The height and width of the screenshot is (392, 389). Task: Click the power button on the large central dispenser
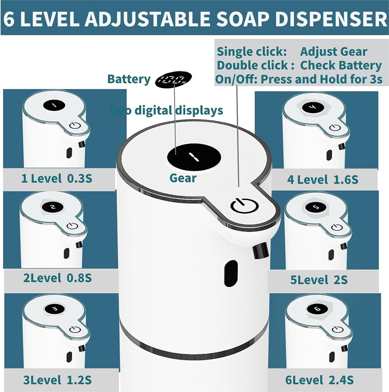244,206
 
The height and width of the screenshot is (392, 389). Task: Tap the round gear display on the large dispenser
194,157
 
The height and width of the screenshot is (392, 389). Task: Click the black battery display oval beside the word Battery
174,80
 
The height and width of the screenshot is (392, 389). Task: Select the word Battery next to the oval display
129,79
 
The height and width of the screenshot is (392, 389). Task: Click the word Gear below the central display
183,178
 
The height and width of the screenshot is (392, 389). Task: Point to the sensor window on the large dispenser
231,273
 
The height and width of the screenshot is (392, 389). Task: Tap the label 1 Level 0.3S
57,178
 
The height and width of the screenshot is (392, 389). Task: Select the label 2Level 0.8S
57,278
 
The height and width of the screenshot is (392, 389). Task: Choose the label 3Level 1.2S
57,380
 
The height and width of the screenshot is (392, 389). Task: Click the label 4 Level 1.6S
323,180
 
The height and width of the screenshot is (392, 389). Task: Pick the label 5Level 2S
319,279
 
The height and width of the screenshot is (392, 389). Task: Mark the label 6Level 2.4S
320,380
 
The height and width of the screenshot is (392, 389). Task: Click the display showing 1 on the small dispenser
54,105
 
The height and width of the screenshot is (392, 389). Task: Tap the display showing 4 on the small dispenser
313,108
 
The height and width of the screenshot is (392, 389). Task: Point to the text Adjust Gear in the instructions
334,52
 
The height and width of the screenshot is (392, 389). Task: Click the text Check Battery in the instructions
341,65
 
